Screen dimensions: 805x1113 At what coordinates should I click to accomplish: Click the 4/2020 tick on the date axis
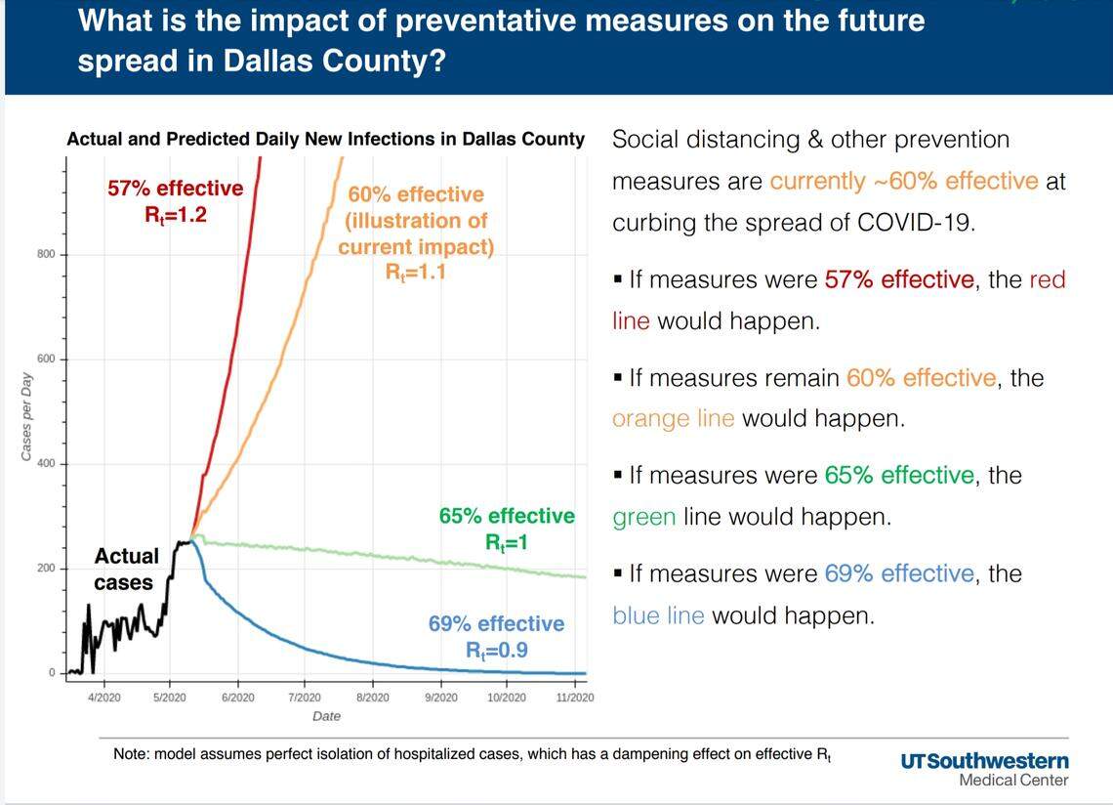pos(103,697)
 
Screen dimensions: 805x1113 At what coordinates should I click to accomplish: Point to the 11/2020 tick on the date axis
pos(575,697)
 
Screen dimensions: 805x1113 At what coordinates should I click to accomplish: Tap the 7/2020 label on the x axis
pos(304,697)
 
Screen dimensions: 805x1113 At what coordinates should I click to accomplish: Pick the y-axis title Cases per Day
pos(26,416)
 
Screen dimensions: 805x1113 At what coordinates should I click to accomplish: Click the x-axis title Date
pos(326,717)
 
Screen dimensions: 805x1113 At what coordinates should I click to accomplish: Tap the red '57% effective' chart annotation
pos(175,188)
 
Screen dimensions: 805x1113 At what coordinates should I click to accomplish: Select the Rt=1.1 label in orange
pos(415,273)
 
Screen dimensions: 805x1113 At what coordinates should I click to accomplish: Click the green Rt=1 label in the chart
pos(506,541)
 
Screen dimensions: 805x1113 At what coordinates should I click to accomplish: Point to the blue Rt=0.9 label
pos(496,649)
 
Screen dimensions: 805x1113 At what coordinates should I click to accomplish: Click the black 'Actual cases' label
pos(126,570)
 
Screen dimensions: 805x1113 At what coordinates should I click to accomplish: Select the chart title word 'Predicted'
pos(211,139)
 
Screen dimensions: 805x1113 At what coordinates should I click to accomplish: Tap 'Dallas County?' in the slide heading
pos(335,61)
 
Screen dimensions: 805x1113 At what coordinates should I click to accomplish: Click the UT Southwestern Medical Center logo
pos(984,769)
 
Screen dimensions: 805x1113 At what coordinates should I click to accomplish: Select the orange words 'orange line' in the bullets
pos(673,419)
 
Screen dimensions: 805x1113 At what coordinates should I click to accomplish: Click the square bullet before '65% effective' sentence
pos(618,476)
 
